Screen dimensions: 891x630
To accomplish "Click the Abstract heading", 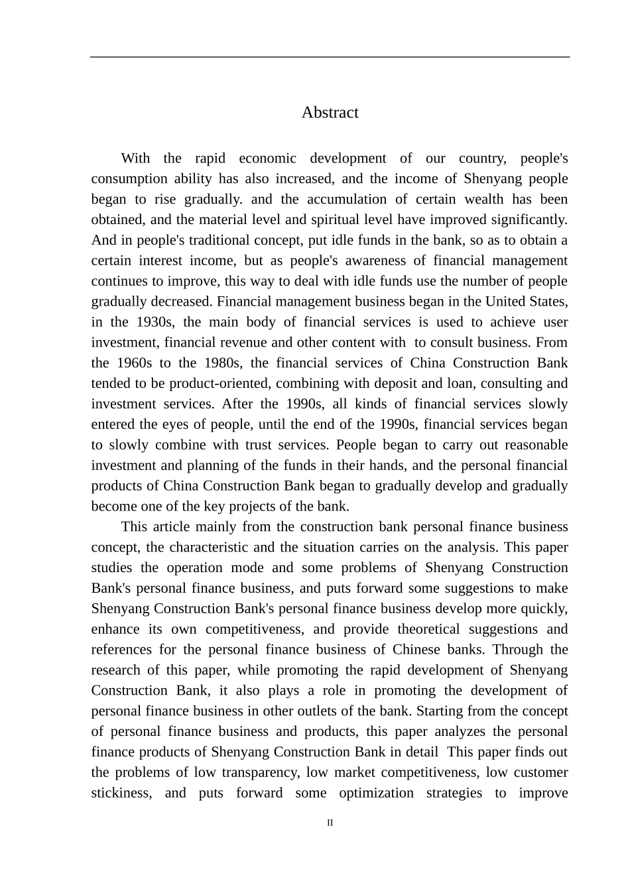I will (330, 113).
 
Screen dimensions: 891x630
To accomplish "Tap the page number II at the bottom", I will (330, 823).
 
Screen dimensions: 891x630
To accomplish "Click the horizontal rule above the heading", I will (330, 57).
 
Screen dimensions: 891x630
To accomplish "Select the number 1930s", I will (154, 322).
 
